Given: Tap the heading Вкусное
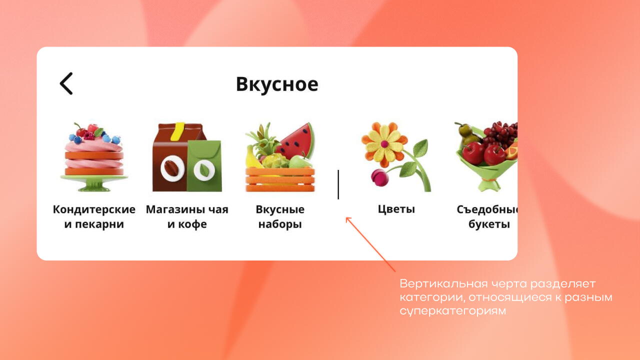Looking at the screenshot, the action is tap(277, 84).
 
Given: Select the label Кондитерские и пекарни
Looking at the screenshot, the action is tap(94, 216).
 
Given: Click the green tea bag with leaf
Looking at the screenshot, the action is tap(204, 165).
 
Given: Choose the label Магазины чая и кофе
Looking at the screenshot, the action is tap(187, 216).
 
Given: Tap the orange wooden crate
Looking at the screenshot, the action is tap(280, 179).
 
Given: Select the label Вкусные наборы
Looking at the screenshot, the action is tap(280, 216).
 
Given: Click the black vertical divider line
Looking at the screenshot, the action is tap(338, 184).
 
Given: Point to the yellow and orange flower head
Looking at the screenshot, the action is tap(384, 144).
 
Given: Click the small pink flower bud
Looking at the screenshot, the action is tap(379, 177).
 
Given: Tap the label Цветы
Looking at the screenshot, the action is tap(396, 209).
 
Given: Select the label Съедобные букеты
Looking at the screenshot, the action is tap(487, 216).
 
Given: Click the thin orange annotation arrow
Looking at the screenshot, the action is tap(370, 244).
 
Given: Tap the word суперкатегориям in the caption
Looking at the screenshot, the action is tap(452, 310).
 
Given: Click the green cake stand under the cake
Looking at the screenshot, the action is tap(94, 183).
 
